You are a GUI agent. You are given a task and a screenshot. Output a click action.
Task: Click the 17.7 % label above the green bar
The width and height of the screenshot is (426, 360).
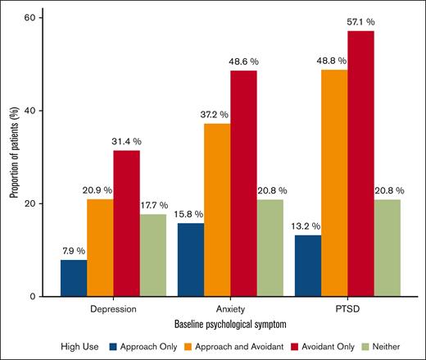(153, 205)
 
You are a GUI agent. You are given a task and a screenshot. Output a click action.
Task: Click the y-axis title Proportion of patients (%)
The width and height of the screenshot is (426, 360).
(13, 156)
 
